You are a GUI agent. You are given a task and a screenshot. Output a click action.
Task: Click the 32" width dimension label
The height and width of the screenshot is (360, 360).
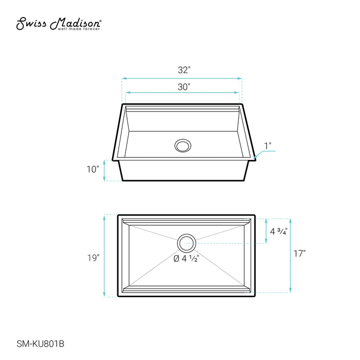pyautogui.click(x=184, y=70)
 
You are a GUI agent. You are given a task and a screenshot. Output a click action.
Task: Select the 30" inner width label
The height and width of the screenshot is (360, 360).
pyautogui.click(x=184, y=87)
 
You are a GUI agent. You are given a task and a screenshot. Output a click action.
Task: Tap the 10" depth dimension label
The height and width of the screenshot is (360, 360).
pyautogui.click(x=93, y=169)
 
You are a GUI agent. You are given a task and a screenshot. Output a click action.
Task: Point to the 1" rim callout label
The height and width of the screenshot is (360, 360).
pyautogui.click(x=268, y=146)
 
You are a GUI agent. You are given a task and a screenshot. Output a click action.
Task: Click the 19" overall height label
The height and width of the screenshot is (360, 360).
pyautogui.click(x=93, y=258)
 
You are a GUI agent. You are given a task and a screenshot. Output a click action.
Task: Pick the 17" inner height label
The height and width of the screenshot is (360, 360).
pyautogui.click(x=300, y=254)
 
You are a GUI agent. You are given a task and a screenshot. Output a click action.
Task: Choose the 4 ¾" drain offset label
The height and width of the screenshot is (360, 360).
pyautogui.click(x=279, y=231)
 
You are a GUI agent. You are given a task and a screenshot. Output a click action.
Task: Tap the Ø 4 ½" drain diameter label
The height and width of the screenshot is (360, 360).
pyautogui.click(x=186, y=259)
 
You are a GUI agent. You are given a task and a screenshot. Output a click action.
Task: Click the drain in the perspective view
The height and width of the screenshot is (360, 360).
pyautogui.click(x=183, y=146)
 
